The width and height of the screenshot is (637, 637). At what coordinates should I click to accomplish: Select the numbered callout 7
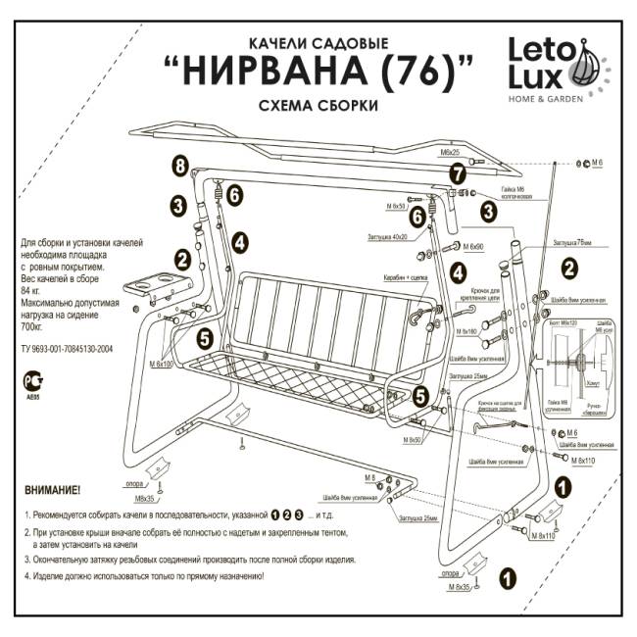[457, 173]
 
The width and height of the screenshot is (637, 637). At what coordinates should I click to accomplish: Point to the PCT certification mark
[32, 375]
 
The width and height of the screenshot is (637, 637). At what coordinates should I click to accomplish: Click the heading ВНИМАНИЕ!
[53, 488]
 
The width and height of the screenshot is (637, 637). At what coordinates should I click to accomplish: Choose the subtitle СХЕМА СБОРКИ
[318, 105]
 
